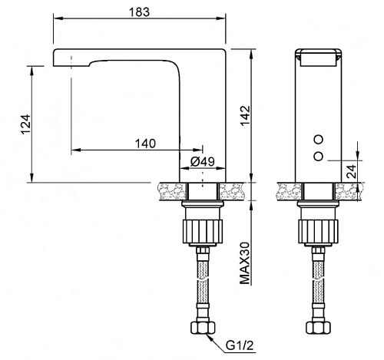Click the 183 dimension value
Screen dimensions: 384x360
139,12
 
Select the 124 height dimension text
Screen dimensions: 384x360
26,124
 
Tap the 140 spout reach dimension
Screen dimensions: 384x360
145,144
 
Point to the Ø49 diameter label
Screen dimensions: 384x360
203,161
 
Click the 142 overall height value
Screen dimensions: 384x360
245,115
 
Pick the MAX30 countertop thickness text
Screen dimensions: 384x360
245,263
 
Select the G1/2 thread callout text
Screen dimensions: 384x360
240,345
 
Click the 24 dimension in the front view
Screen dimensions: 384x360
351,171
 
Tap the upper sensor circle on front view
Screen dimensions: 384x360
319,140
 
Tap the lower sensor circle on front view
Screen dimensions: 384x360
319,156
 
